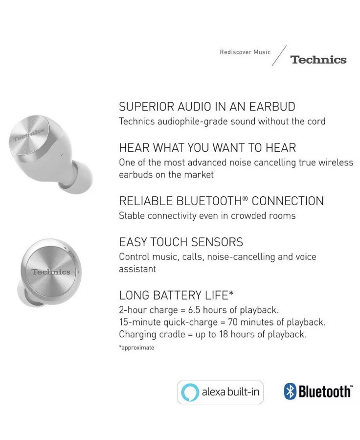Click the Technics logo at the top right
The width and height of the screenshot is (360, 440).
pyautogui.click(x=318, y=60)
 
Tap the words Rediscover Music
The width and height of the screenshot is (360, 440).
pyautogui.click(x=245, y=52)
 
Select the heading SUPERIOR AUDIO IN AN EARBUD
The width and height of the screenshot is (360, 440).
pyautogui.click(x=207, y=107)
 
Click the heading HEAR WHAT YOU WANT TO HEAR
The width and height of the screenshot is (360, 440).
pyautogui.click(x=208, y=147)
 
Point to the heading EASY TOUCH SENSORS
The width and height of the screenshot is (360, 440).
pyautogui.click(x=181, y=242)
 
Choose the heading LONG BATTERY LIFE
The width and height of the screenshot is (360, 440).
pyautogui.click(x=176, y=295)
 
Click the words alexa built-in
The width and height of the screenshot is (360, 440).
pyautogui.click(x=230, y=392)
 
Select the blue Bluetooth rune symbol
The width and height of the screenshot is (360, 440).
pyautogui.click(x=290, y=392)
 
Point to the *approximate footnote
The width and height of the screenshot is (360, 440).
pyautogui.click(x=136, y=347)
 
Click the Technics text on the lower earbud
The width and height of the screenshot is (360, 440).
pyautogui.click(x=51, y=272)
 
